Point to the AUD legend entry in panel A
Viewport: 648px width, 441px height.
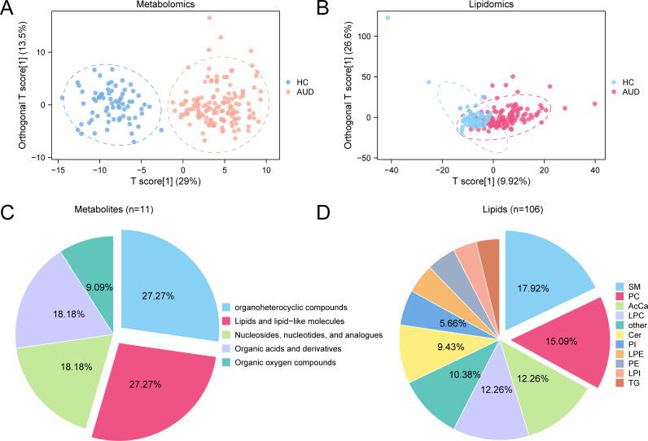(303, 94)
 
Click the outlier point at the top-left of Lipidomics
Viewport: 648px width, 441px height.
(387, 17)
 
